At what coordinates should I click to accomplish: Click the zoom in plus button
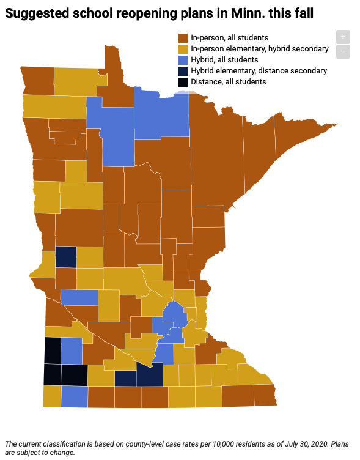coord(343,37)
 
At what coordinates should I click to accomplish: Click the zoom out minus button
coord(343,51)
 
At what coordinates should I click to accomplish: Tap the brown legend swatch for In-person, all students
coord(183,38)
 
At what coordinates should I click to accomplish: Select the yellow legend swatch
coord(183,49)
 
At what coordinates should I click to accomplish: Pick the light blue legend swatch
coord(183,60)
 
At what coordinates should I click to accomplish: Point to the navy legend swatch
coord(183,71)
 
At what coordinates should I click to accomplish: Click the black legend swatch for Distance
coord(183,82)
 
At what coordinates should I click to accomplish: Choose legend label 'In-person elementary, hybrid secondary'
coord(260,49)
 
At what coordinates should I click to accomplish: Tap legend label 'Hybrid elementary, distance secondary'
coord(259,71)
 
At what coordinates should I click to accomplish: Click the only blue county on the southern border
coord(74,396)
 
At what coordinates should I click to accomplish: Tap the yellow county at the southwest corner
coord(51,396)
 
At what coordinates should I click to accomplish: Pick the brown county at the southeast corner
coord(265,395)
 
